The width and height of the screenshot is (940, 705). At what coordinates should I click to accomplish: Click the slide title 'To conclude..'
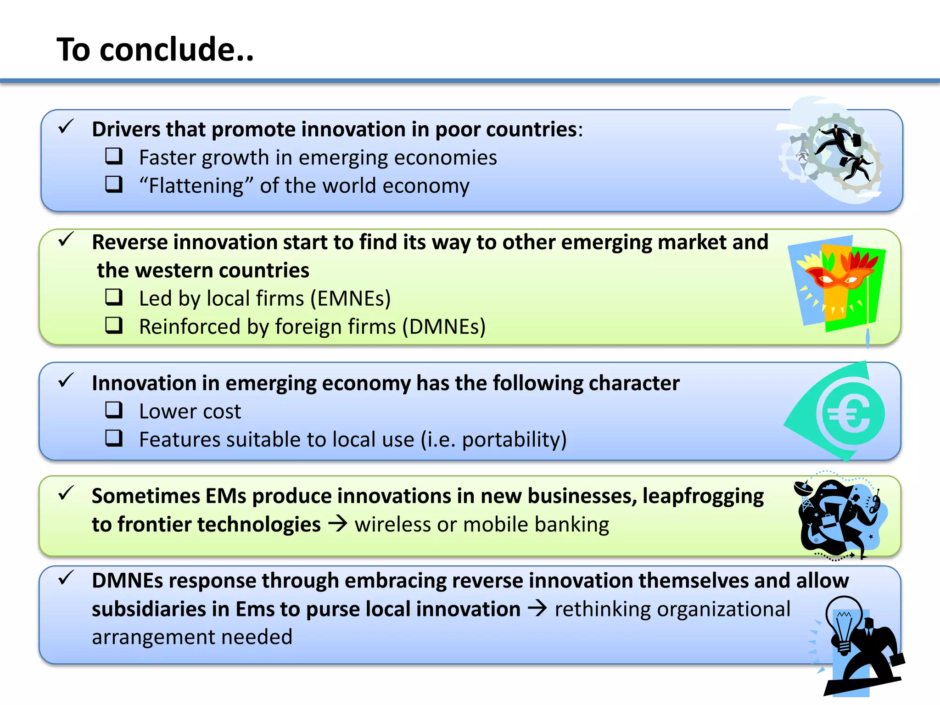coord(155,49)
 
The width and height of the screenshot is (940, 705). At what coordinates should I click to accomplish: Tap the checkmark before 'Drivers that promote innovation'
coord(66,126)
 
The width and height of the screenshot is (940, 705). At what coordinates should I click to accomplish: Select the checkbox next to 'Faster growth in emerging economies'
coord(114,156)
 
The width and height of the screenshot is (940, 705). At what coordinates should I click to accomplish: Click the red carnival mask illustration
coord(839,275)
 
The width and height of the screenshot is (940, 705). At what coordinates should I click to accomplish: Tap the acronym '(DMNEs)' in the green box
coord(444,327)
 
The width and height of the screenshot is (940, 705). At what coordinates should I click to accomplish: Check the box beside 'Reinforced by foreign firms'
coord(114,325)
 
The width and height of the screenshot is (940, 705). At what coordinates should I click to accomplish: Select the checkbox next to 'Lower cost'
coord(114,410)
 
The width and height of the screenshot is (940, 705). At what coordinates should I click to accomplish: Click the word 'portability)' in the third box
coord(514,440)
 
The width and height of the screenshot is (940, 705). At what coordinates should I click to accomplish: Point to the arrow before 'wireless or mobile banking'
coord(338,524)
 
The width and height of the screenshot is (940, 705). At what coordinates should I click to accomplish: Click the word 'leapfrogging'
coord(703,496)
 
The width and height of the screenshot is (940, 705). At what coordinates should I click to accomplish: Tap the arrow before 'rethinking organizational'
coord(537,608)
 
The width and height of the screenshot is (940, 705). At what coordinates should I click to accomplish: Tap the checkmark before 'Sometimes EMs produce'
coord(66,493)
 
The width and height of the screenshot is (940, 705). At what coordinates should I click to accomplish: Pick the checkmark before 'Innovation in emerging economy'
coord(66,380)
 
